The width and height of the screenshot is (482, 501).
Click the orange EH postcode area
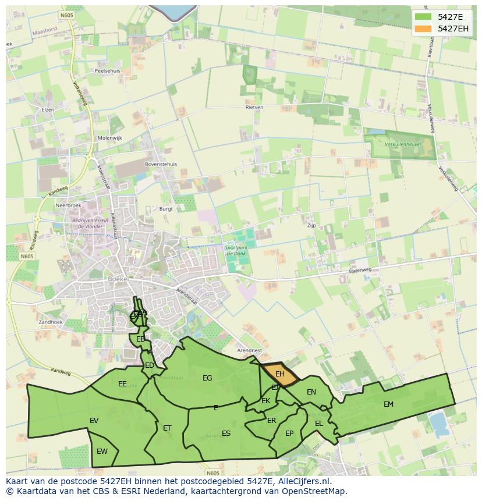tap(280, 374)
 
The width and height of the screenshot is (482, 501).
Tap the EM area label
tap(388, 404)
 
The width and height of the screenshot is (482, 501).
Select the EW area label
tap(102, 451)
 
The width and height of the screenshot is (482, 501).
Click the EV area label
tap(94, 420)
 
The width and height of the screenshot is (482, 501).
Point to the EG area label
tap(207, 378)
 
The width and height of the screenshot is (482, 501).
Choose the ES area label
tap(226, 433)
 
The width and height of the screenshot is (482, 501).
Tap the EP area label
tap(289, 433)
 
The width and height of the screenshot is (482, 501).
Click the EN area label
tap(311, 392)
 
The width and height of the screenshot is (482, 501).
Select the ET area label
tap(167, 428)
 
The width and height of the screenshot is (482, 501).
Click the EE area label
tap(122, 383)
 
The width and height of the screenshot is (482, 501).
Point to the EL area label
tap(318, 423)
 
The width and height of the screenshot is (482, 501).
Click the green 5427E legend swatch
tap(423, 17)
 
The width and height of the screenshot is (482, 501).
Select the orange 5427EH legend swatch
tap(423, 29)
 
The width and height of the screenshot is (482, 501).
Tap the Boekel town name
tap(118, 279)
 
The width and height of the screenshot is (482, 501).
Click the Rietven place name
tap(254, 107)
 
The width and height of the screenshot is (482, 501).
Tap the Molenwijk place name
tap(109, 138)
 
